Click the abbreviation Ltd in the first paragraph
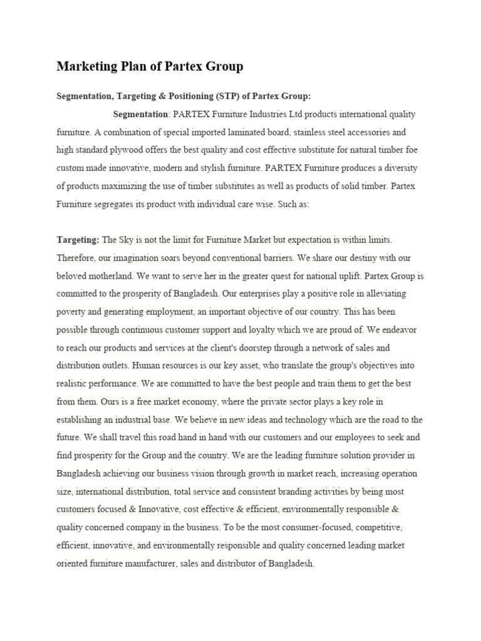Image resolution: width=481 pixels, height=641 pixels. [297, 115]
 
